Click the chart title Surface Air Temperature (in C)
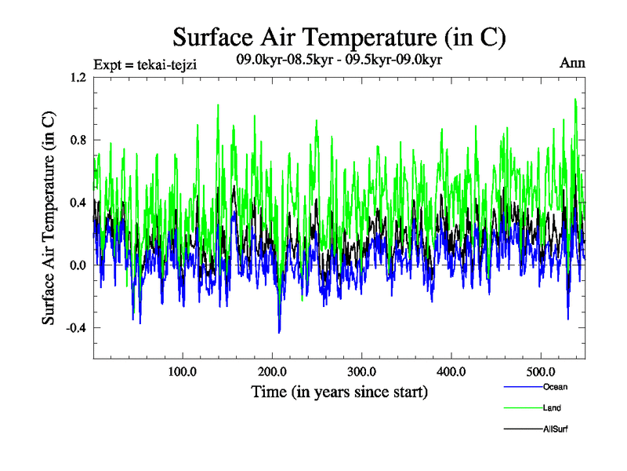[339, 38]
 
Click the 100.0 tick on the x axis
[183, 371]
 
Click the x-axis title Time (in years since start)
[339, 391]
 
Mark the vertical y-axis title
[49, 218]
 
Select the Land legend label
[552, 408]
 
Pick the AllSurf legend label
[555, 429]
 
